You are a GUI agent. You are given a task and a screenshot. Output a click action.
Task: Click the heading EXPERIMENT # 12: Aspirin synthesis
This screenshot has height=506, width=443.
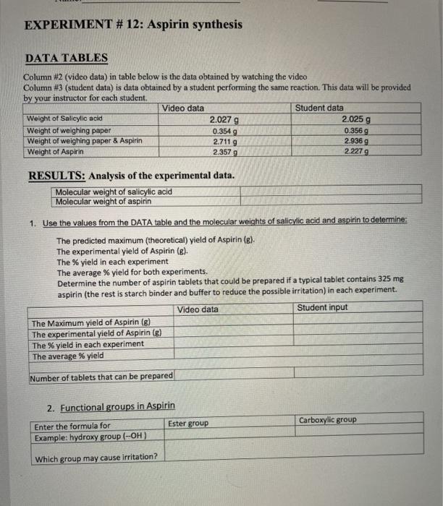[x=133, y=25]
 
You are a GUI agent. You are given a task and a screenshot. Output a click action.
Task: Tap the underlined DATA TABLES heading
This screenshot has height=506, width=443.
[x=67, y=58]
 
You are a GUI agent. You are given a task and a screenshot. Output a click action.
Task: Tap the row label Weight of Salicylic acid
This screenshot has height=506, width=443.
[x=64, y=119]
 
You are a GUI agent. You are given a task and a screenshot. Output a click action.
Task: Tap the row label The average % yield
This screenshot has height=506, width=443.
[x=67, y=356]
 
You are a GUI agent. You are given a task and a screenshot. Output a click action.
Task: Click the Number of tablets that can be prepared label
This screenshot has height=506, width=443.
[x=101, y=376]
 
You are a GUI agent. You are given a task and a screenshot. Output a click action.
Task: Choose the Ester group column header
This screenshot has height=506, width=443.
[x=188, y=423]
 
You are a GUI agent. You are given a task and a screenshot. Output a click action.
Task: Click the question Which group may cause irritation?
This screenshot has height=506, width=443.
[x=96, y=458]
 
